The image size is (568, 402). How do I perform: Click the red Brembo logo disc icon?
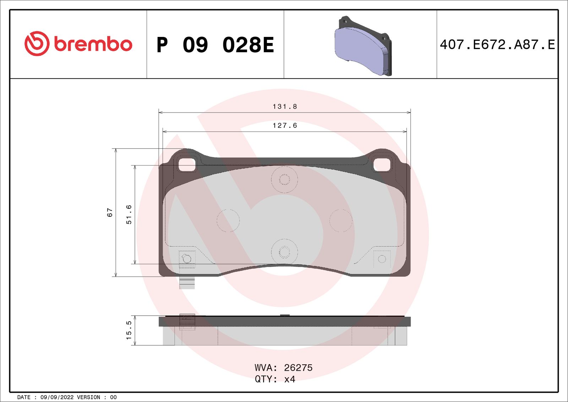click(x=37, y=44)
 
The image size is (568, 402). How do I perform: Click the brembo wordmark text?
click(x=93, y=44)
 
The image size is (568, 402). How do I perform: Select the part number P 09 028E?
click(x=215, y=45)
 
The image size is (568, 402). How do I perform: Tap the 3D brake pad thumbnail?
click(x=363, y=46)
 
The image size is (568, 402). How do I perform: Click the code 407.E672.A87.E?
click(x=497, y=45)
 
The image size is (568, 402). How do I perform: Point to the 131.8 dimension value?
click(x=284, y=107)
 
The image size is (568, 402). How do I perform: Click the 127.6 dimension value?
click(x=284, y=126)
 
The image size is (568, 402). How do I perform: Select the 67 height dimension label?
click(x=110, y=212)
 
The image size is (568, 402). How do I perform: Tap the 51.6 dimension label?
click(x=129, y=214)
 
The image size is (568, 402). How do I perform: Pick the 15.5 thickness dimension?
click(x=129, y=330)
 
